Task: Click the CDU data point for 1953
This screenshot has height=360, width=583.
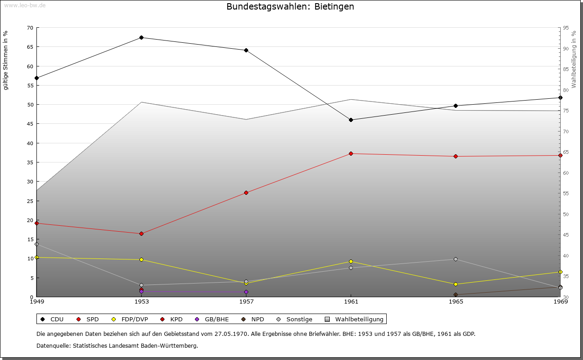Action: pyautogui.click(x=141, y=37)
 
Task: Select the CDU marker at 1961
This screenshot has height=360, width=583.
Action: pyautogui.click(x=351, y=120)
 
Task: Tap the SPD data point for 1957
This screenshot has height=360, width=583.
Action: pyautogui.click(x=246, y=193)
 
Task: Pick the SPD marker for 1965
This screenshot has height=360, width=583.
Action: pyautogui.click(x=455, y=156)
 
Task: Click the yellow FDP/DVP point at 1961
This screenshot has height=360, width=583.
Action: pyautogui.click(x=351, y=261)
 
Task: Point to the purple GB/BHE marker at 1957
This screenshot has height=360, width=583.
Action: pyautogui.click(x=246, y=292)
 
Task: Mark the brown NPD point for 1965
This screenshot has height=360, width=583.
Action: pyautogui.click(x=455, y=294)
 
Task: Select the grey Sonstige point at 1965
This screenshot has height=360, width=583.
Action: pyautogui.click(x=455, y=259)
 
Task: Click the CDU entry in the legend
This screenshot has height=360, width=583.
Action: pyautogui.click(x=53, y=319)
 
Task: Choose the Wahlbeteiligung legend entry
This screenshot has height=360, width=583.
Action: pyautogui.click(x=355, y=319)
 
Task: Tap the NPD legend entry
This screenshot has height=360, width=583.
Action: pyautogui.click(x=253, y=319)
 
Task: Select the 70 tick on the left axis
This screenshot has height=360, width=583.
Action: pyautogui.click(x=30, y=27)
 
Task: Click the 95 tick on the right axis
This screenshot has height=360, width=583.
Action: pyautogui.click(x=565, y=27)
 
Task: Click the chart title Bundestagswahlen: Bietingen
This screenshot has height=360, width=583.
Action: pyautogui.click(x=290, y=7)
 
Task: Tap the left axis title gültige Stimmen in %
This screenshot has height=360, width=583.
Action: pyautogui.click(x=6, y=60)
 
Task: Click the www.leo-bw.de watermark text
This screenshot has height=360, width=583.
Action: pyautogui.click(x=25, y=5)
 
